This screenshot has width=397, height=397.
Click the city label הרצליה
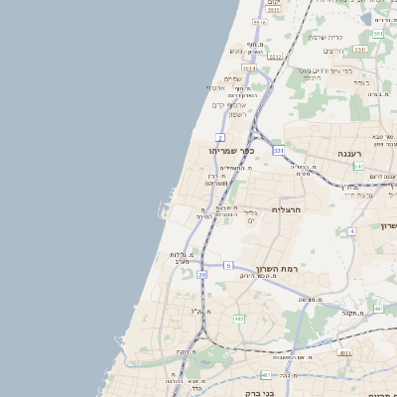pos(285,210)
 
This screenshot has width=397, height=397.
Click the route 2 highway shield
pos(219,137)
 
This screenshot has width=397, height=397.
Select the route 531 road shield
pos(279,151)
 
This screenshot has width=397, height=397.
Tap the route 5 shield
pos(227,265)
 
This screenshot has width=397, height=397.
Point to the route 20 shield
pos(202,274)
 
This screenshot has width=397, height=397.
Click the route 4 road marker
pos(351,231)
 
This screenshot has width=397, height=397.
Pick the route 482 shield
pos(239,319)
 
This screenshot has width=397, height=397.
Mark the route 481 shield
pos(266,374)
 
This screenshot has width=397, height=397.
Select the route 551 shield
pos(378,35)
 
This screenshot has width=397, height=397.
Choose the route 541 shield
pos(357,166)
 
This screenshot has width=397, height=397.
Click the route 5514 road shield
pos(248,68)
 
